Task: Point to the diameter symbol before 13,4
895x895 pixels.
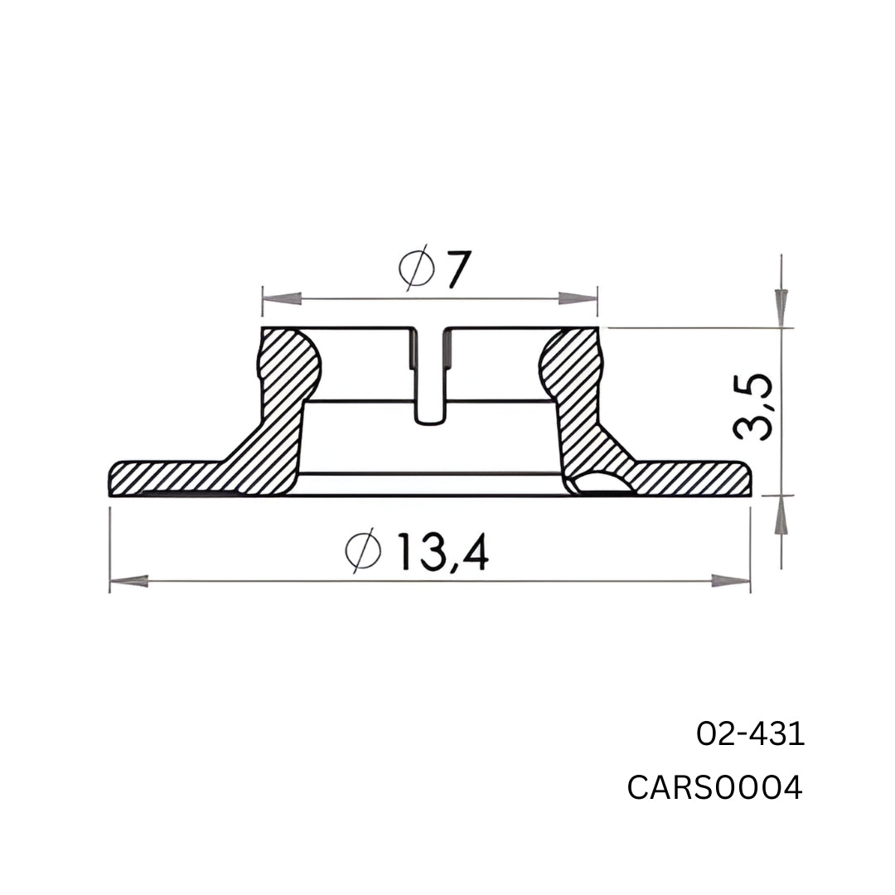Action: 362,550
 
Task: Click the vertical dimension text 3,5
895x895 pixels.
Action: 754,406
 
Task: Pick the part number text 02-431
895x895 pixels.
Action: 750,734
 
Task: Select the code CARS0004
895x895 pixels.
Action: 714,788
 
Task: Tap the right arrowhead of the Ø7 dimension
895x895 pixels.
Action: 578,298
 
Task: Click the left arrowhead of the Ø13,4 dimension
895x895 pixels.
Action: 129,581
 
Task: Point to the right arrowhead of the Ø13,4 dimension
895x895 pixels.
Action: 731,581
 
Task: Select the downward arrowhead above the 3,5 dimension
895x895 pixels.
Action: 781,307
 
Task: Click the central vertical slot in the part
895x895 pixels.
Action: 430,377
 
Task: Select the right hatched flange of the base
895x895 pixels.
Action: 696,477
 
